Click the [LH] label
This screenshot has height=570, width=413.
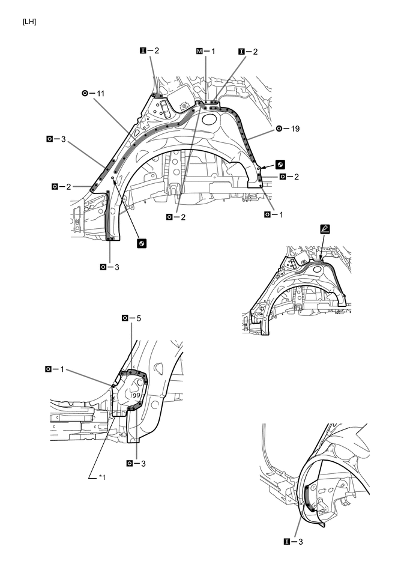point(29,22)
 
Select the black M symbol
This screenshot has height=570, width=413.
point(199,51)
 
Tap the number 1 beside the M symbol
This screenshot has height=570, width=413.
point(213,51)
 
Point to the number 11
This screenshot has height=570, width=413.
point(101,94)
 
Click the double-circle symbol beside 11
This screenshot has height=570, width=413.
point(85,94)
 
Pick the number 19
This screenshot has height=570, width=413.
point(295,129)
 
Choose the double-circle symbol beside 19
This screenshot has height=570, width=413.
point(279,129)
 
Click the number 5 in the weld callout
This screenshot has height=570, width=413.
point(139,318)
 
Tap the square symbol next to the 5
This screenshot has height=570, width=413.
point(125,318)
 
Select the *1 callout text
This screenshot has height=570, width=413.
point(101,477)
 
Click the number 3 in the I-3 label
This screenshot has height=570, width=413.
point(300,542)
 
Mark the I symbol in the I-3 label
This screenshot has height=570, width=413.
point(286,542)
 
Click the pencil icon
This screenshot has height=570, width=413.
point(325,229)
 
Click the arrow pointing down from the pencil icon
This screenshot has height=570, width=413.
point(322,247)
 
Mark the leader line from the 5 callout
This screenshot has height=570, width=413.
point(131,346)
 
